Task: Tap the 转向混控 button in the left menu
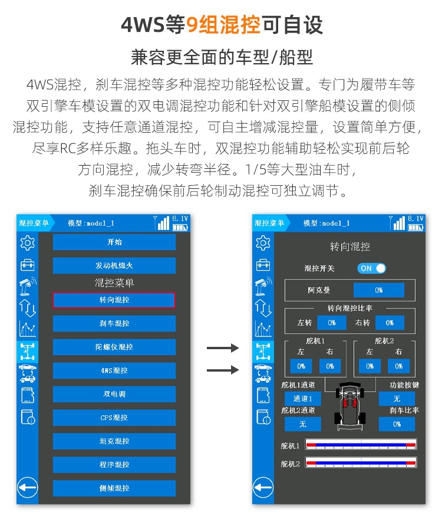pos(114,300)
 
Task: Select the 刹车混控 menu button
pos(114,323)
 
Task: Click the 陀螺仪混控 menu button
pos(114,347)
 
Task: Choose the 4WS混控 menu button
pos(114,370)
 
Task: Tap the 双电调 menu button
pos(114,394)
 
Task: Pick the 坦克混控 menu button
pos(114,441)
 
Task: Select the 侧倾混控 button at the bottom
pos(114,488)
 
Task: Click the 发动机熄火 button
pos(114,265)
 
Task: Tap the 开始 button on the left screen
pos(114,242)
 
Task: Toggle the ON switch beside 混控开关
pos(371,268)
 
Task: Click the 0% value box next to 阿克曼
pos(378,290)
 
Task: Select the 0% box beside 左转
pos(332,323)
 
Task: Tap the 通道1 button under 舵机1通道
pos(303,399)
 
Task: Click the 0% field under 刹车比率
pos(397,424)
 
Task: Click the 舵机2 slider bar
pos(361,463)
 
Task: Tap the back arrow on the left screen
pos(28,487)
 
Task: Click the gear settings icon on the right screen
pos(263,242)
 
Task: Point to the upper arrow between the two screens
pos(223,348)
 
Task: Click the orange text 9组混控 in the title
pos(223,25)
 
